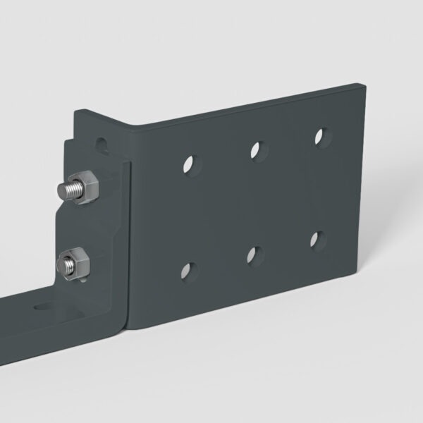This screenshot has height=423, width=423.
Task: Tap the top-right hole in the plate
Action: click(321, 135)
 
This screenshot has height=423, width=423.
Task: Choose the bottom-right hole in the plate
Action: click(318, 239)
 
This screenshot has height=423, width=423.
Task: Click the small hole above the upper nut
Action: click(104, 146)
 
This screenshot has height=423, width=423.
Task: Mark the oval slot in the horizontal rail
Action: click(44, 307)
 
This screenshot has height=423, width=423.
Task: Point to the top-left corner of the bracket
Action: click(76, 111)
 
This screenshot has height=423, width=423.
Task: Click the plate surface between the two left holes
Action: click(189, 216)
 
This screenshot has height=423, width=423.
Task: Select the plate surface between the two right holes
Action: click(320, 188)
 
